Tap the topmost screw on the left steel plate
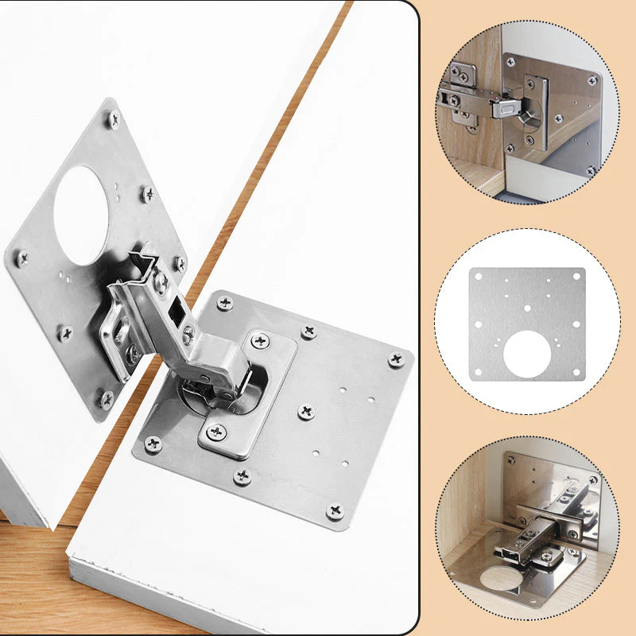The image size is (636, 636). click(114, 121)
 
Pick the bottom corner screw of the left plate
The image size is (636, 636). click(107, 397)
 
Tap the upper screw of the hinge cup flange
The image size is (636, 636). click(260, 341)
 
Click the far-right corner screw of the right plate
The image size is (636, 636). click(395, 359)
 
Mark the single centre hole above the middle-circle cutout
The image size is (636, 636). click(527, 306)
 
